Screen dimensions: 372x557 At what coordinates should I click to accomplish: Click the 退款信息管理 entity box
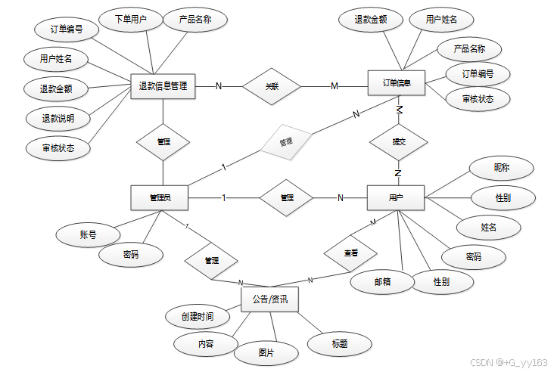pyautogui.click(x=163, y=86)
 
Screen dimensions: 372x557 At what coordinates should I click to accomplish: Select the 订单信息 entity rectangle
pyautogui.click(x=397, y=84)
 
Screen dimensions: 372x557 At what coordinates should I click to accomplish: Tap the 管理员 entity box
pyautogui.click(x=159, y=198)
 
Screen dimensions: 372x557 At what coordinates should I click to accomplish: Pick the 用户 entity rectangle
pyautogui.click(x=396, y=198)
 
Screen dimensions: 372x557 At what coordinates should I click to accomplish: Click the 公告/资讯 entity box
pyautogui.click(x=269, y=300)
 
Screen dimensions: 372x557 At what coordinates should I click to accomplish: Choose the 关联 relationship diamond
pyautogui.click(x=272, y=86)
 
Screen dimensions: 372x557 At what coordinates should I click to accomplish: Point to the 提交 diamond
pyautogui.click(x=398, y=141)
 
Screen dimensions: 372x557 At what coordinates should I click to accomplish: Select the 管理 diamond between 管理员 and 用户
pyautogui.click(x=287, y=198)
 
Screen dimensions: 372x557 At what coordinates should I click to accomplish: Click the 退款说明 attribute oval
pyautogui.click(x=57, y=119)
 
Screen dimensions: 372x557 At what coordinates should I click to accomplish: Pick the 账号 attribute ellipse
pyautogui.click(x=89, y=234)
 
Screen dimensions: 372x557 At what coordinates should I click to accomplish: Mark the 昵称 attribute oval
pyautogui.click(x=502, y=169)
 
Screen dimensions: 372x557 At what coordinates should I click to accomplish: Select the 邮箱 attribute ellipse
pyautogui.click(x=383, y=281)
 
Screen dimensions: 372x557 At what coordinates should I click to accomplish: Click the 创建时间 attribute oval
pyautogui.click(x=198, y=316)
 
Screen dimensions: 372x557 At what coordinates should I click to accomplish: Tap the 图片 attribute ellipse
pyautogui.click(x=266, y=352)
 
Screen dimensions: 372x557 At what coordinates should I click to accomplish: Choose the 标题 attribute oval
pyautogui.click(x=340, y=344)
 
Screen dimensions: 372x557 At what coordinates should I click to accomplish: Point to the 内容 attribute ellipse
pyautogui.click(x=206, y=344)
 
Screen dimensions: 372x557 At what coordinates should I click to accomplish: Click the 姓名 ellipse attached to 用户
pyautogui.click(x=489, y=227)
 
